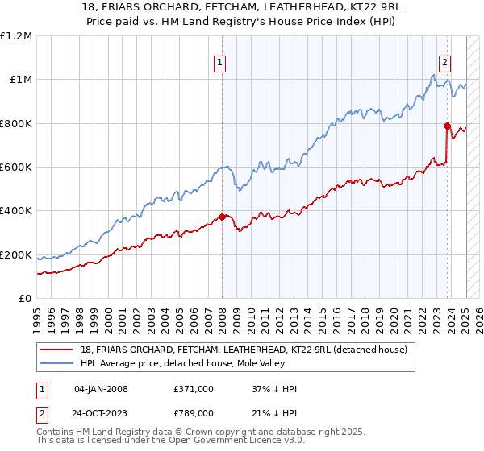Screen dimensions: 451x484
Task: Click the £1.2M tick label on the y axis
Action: [16, 36]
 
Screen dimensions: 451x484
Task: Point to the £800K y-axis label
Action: [16, 124]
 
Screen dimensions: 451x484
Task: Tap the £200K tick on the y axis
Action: [16, 255]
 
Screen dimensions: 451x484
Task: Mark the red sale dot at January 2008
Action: [222, 216]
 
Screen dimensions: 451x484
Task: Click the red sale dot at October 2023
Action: [447, 125]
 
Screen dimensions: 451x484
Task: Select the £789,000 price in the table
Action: [194, 412]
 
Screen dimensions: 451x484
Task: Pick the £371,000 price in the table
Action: [194, 389]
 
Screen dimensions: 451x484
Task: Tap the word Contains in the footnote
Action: [57, 432]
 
